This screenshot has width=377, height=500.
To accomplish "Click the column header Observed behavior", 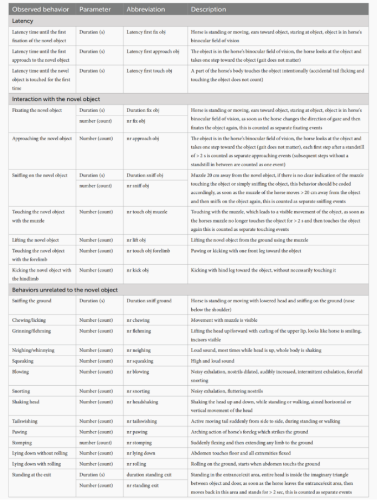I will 42,9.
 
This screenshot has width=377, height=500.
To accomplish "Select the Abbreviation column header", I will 146,9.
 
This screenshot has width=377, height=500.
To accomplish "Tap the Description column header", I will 208,9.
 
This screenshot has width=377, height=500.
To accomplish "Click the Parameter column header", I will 95,9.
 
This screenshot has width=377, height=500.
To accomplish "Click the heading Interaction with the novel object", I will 56,99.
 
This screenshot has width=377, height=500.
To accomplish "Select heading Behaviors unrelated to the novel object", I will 64,290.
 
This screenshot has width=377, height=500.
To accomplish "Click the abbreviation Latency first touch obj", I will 149,70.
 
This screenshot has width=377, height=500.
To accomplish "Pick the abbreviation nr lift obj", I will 136,240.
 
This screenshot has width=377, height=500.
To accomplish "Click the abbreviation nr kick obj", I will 137,270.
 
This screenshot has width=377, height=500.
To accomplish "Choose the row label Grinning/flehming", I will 32,330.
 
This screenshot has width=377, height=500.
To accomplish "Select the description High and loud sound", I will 212,361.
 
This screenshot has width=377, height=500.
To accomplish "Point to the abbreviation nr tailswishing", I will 141,421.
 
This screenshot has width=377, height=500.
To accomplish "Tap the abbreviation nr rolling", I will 135,464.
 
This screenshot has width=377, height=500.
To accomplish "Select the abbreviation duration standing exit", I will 148,475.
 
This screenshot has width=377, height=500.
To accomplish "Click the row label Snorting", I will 21,391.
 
